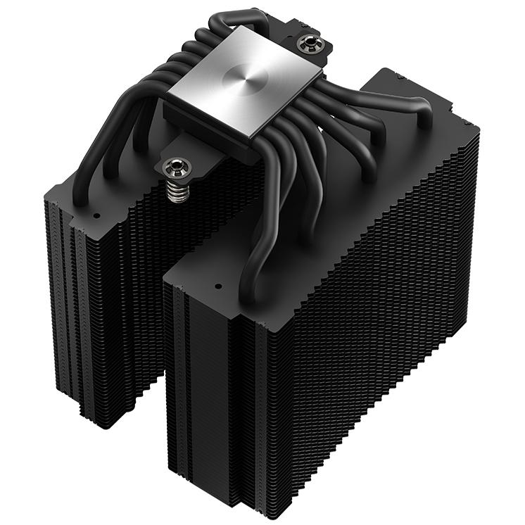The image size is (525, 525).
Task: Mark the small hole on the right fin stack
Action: pos(217,288)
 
